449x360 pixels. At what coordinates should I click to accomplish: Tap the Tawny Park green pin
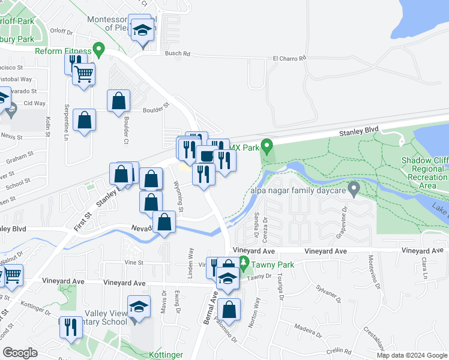click(x=243, y=262)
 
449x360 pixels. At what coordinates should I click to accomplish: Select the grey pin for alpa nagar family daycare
click(x=354, y=189)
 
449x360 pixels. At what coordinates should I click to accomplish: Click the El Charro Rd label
click(x=289, y=58)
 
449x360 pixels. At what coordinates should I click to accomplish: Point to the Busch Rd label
click(x=178, y=53)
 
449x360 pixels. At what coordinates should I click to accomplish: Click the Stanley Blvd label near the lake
click(x=360, y=130)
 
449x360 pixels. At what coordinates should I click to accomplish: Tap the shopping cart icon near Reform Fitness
click(x=83, y=74)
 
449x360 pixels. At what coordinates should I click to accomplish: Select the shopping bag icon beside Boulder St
click(x=118, y=101)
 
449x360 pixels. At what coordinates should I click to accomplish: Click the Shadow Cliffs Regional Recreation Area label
click(x=425, y=169)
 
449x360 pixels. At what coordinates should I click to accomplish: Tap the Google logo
click(x=20, y=352)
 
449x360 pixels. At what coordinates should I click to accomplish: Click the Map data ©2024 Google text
click(x=412, y=355)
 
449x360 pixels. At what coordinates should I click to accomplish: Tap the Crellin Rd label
click(x=339, y=350)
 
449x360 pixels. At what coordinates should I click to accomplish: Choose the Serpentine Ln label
click(x=66, y=123)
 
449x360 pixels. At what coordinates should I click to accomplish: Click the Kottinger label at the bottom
click(x=164, y=355)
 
